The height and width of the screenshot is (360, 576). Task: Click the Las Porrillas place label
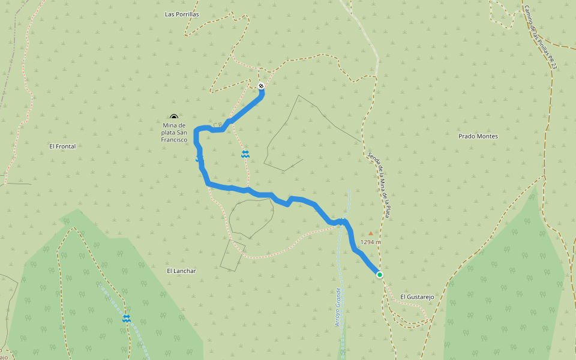pos(182,14)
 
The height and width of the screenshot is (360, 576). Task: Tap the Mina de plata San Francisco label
pos(174,132)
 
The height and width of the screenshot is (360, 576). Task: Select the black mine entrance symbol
pos(174,117)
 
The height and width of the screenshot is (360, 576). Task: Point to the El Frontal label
pos(62,146)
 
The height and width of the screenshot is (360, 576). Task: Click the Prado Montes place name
pos(478,136)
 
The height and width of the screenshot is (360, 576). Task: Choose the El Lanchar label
pos(181,271)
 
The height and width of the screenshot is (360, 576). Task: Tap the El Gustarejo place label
pos(417,296)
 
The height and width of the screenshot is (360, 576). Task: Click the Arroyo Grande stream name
pos(338,307)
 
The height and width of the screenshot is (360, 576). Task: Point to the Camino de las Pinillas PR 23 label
pos(540,37)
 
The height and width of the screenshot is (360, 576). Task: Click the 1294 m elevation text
pos(371,243)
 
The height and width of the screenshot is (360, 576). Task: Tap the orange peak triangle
pos(371,233)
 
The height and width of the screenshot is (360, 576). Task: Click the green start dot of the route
pos(380,274)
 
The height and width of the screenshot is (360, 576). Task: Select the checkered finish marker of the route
pos(261,86)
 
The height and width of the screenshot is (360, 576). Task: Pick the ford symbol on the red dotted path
pos(245,154)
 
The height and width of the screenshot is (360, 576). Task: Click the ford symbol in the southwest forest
pos(126,318)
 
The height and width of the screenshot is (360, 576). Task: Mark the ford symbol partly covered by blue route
pos(199,158)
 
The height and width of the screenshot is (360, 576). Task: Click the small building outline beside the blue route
pos(217,125)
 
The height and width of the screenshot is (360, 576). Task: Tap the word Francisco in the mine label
pos(174,140)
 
